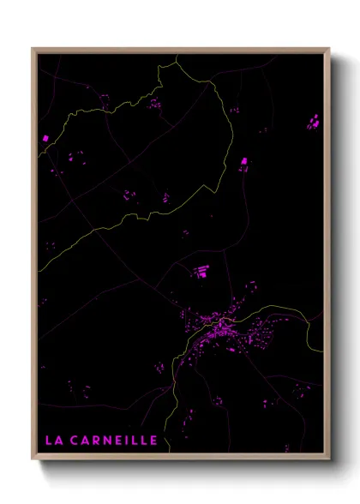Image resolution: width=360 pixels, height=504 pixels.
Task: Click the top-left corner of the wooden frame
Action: [x=33, y=48]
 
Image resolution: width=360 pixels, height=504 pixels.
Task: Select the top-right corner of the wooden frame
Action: [x=329, y=48]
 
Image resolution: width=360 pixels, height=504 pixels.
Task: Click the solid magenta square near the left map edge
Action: [x=45, y=137]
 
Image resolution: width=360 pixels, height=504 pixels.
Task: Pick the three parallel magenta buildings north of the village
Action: [x=202, y=272]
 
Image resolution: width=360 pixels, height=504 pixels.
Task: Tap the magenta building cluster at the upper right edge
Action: [x=313, y=122]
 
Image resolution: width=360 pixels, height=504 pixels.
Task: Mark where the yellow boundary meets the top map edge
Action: [x=176, y=54]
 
